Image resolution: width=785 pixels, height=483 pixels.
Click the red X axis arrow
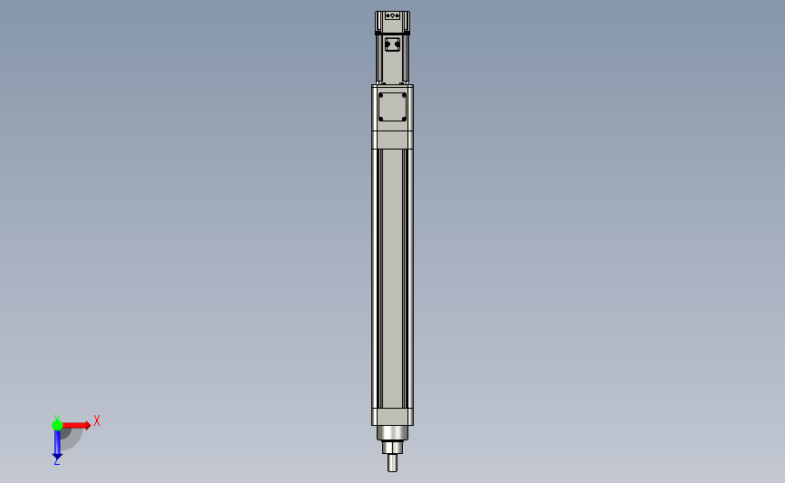[x=76, y=425]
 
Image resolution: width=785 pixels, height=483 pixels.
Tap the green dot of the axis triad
[x=57, y=425]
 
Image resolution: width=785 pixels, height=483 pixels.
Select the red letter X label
[x=97, y=420]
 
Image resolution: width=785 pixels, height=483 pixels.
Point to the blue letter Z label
[x=56, y=462]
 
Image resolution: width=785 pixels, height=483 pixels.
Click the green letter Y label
[x=57, y=418]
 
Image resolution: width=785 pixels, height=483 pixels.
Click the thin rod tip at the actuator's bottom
[x=393, y=462]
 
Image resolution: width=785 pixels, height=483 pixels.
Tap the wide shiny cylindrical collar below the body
[x=393, y=433]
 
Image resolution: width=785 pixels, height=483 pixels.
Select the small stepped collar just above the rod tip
[x=393, y=448]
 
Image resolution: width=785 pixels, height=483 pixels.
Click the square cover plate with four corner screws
[x=393, y=107]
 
